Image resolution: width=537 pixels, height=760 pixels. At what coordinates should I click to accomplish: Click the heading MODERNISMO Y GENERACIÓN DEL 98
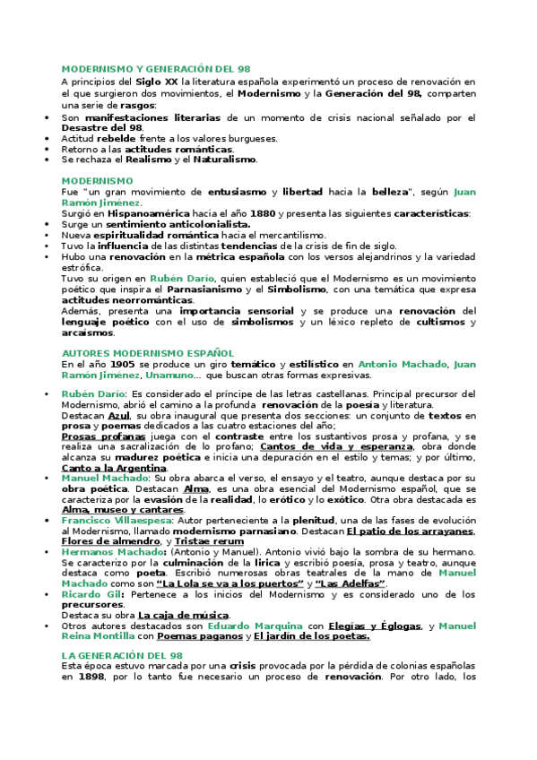tap(155, 68)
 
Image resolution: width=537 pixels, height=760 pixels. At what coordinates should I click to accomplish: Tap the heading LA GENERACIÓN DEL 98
tap(121, 656)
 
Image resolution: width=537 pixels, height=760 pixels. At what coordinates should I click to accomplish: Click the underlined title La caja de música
tap(184, 614)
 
